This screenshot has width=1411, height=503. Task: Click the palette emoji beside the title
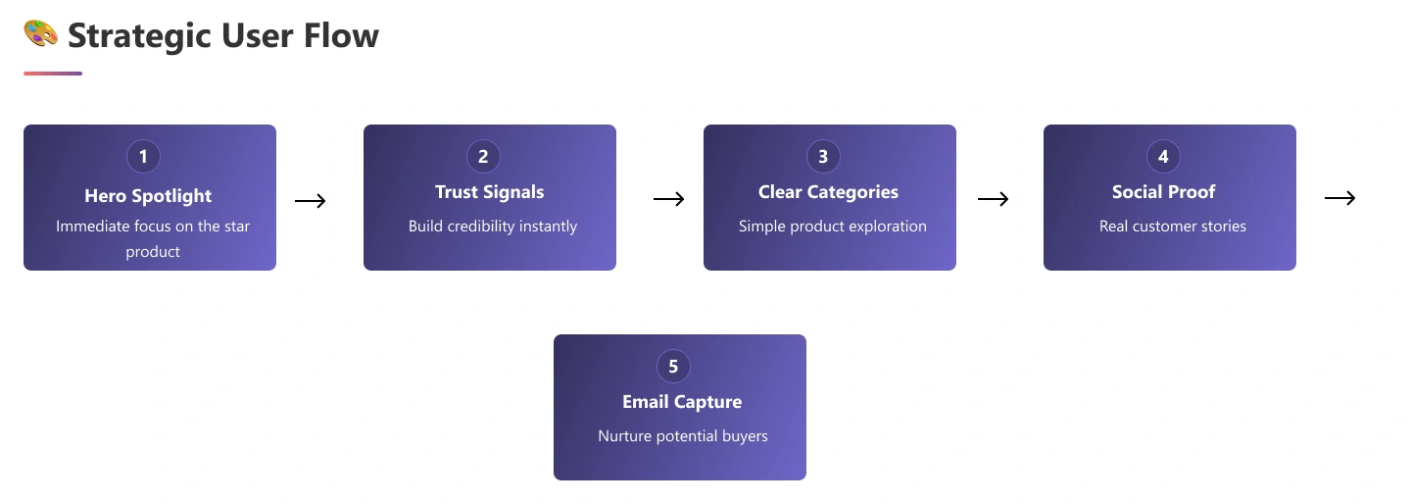(x=41, y=34)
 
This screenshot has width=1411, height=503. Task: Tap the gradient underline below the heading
(x=53, y=74)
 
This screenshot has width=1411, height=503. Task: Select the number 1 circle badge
(x=143, y=156)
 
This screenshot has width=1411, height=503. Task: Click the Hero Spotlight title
(x=148, y=195)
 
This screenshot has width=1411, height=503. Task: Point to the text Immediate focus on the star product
(x=153, y=238)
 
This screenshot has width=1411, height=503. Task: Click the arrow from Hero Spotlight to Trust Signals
(x=310, y=201)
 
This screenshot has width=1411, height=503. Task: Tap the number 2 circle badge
(x=483, y=156)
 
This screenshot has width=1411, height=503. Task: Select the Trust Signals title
(x=490, y=192)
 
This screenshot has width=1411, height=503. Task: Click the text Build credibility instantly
(x=493, y=226)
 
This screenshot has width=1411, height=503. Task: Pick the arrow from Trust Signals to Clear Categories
(x=668, y=200)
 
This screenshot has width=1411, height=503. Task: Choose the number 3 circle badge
(x=823, y=156)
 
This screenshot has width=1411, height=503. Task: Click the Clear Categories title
(x=828, y=192)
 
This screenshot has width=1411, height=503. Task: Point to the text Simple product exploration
(x=833, y=226)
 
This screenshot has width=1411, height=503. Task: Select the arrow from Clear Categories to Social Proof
(x=994, y=200)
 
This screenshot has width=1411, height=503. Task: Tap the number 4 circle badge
(x=1163, y=156)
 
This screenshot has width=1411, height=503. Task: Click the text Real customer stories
(x=1173, y=226)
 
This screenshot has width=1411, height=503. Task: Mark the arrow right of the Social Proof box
(x=1339, y=199)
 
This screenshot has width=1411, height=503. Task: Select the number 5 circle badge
(x=673, y=366)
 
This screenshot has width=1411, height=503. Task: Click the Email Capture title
(x=682, y=402)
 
